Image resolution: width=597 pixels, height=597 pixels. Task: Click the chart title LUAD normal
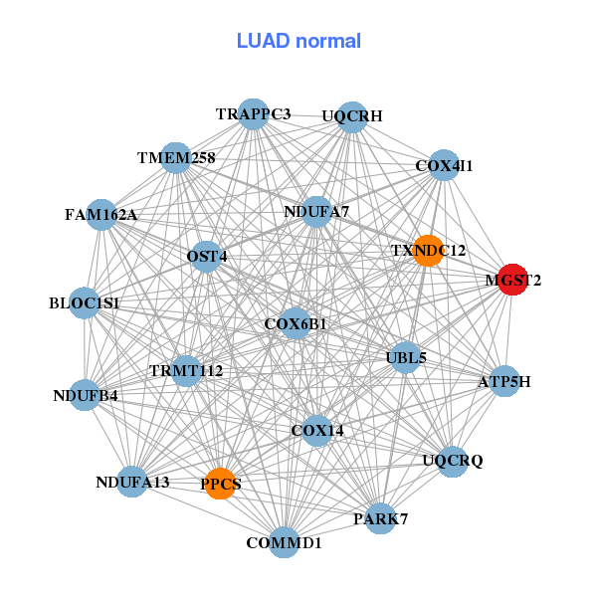click(x=298, y=41)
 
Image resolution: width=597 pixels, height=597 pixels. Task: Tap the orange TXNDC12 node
click(x=428, y=250)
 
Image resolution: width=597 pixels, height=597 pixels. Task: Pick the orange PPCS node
click(x=220, y=484)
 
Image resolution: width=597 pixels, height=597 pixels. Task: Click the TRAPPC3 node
click(x=253, y=114)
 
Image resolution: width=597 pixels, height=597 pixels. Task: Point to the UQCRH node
click(x=352, y=116)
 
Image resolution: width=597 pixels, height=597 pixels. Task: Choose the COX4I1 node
click(x=443, y=165)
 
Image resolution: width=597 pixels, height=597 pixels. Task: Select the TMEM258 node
click(x=176, y=157)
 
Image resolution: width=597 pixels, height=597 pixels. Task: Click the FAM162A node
click(x=101, y=214)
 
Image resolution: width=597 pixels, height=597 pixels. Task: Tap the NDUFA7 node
click(x=316, y=211)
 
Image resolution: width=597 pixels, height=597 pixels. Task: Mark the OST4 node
click(x=207, y=256)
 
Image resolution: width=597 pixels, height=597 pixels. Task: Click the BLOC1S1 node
click(x=85, y=302)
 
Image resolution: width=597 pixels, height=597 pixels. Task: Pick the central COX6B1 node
click(x=296, y=323)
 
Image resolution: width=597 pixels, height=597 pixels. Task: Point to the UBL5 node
click(x=405, y=356)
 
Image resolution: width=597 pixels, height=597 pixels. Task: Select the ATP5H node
click(x=504, y=381)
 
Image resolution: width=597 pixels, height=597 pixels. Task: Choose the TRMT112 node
click(x=186, y=371)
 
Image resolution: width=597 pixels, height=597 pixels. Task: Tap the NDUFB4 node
click(x=86, y=396)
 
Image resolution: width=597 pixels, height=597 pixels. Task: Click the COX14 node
click(x=316, y=431)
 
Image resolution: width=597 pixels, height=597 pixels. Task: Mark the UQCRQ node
click(x=452, y=461)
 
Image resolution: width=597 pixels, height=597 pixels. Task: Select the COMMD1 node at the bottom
click(x=285, y=543)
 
